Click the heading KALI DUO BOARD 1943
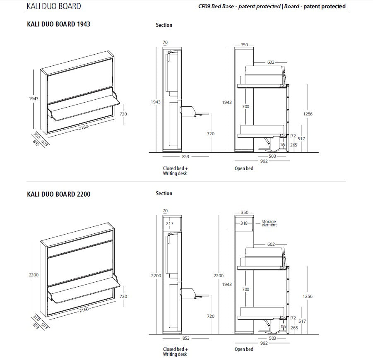[x=58, y=24]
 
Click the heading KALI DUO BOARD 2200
[x=58, y=194]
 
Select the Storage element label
[x=269, y=223]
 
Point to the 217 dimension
[x=169, y=223]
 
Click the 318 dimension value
[x=244, y=223]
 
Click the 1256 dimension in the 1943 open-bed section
[x=307, y=114]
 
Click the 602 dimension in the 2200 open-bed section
[x=271, y=244]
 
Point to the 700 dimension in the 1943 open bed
[x=246, y=106]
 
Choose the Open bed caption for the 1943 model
[x=244, y=168]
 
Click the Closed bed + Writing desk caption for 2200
[x=175, y=351]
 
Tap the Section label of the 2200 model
[x=164, y=194]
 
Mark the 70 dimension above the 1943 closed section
[x=165, y=42]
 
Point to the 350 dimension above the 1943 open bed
[x=244, y=44]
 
